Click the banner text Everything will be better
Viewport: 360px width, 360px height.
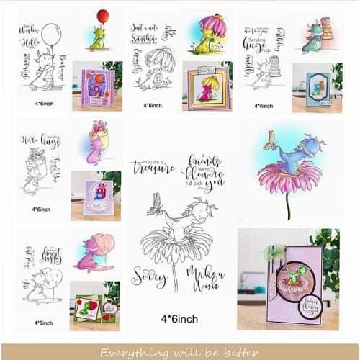tap(179, 352)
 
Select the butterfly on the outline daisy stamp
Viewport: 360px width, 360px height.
tap(153, 207)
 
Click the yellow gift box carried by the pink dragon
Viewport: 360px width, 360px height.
tap(99, 131)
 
